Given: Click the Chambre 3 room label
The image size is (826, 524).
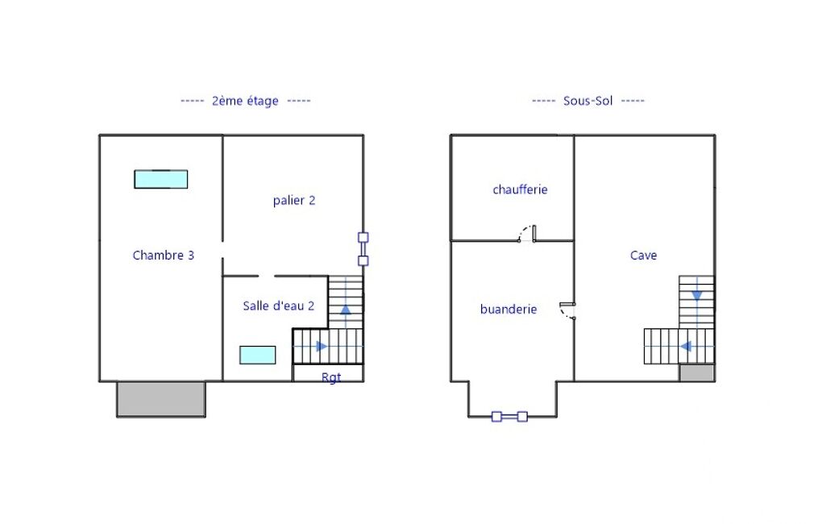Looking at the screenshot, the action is click(164, 255).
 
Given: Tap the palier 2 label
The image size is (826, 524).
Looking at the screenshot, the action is click(294, 200).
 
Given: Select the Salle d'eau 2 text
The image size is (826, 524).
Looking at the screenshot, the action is click(278, 306).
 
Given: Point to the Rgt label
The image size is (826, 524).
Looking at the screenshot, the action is click(331, 377).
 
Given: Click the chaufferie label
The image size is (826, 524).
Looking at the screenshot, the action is click(520, 189).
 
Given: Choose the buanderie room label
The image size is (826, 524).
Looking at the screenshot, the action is click(508, 310).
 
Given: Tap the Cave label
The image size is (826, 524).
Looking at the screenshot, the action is click(643, 255).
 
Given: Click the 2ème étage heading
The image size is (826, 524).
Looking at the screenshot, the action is click(245, 101).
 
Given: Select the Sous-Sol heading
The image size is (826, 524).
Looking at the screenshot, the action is click(588, 101).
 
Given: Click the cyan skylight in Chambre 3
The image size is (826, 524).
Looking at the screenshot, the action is click(160, 179).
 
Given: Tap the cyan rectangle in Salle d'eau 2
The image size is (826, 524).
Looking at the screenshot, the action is click(258, 355).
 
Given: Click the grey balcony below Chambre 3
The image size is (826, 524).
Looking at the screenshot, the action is click(161, 399).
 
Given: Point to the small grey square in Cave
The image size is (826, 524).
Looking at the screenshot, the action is click(696, 372).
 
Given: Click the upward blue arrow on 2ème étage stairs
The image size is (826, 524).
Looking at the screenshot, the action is click(346, 310).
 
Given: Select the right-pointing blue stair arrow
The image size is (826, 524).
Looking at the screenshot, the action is click(322, 347).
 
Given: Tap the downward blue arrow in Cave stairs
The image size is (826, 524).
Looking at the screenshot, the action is click(697, 296).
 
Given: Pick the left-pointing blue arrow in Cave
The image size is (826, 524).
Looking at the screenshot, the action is click(685, 347).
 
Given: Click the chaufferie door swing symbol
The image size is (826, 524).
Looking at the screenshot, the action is click(527, 234).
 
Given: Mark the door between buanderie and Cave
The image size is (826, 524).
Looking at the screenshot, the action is click(567, 311).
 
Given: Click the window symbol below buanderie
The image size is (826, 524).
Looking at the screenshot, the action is click(509, 417).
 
